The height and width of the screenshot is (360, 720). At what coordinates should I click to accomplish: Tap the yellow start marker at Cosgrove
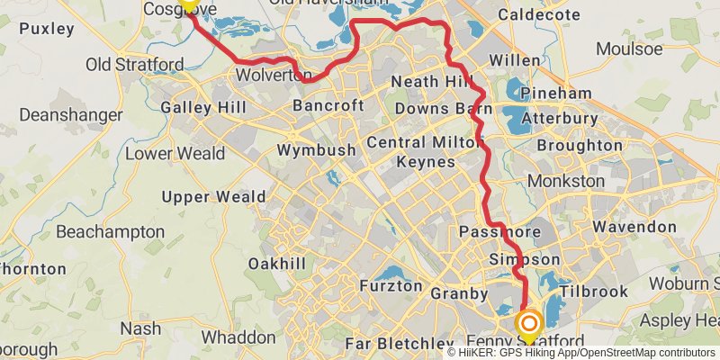pos(188,3)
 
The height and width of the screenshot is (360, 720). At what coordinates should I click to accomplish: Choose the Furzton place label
pos(390,286)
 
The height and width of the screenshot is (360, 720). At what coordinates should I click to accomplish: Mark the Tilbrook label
pos(593,292)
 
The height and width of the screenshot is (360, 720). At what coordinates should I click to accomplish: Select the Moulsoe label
pos(629,49)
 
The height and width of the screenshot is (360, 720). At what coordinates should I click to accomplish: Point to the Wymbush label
pos(316,150)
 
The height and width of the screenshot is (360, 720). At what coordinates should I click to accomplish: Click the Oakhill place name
pos(277,264)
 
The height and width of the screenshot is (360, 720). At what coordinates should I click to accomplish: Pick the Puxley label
pos(46,29)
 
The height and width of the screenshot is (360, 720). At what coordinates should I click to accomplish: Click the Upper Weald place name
pos(213,197)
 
